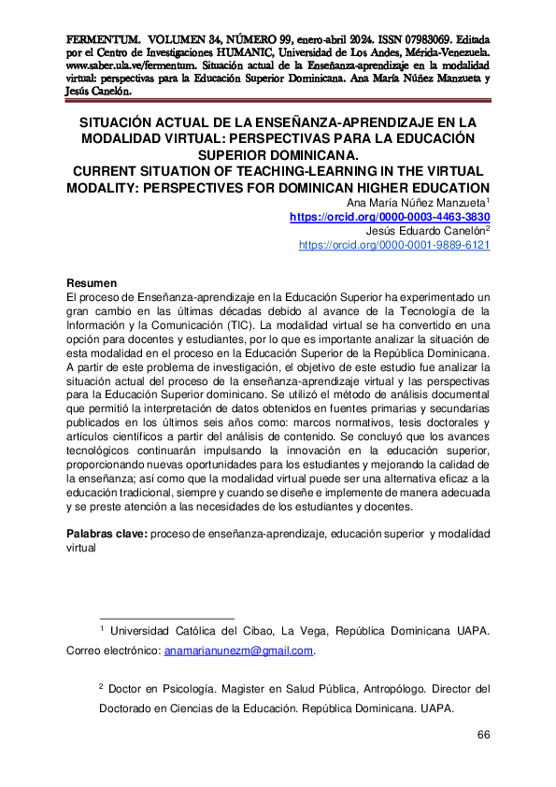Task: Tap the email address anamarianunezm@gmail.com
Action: pos(239,651)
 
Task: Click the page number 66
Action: pos(483,735)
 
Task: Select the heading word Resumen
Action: pos(92,283)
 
